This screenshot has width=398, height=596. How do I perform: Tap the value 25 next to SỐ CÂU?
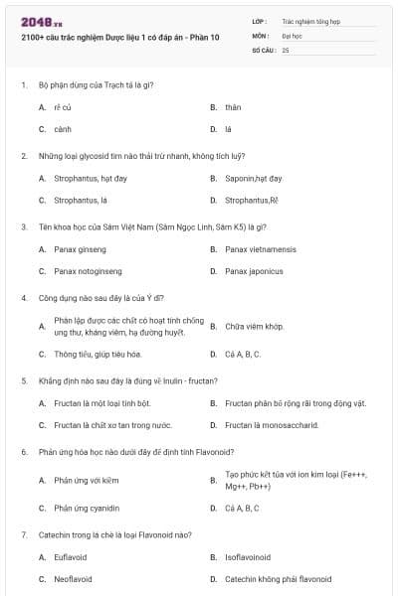(286, 49)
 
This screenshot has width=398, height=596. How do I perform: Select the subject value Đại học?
(293, 34)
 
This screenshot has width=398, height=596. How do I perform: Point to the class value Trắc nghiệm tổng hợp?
(308, 20)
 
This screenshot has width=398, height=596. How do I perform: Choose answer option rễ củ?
(63, 107)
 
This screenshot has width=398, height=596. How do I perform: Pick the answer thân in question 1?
(233, 107)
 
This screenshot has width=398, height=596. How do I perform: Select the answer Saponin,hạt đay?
(254, 179)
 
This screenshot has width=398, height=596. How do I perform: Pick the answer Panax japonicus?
(254, 271)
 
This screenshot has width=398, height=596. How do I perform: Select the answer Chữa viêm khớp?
(255, 327)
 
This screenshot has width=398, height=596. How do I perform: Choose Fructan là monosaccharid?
(272, 425)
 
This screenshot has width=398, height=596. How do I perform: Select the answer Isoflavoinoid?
(248, 557)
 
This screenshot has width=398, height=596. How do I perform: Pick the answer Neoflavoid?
(74, 579)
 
